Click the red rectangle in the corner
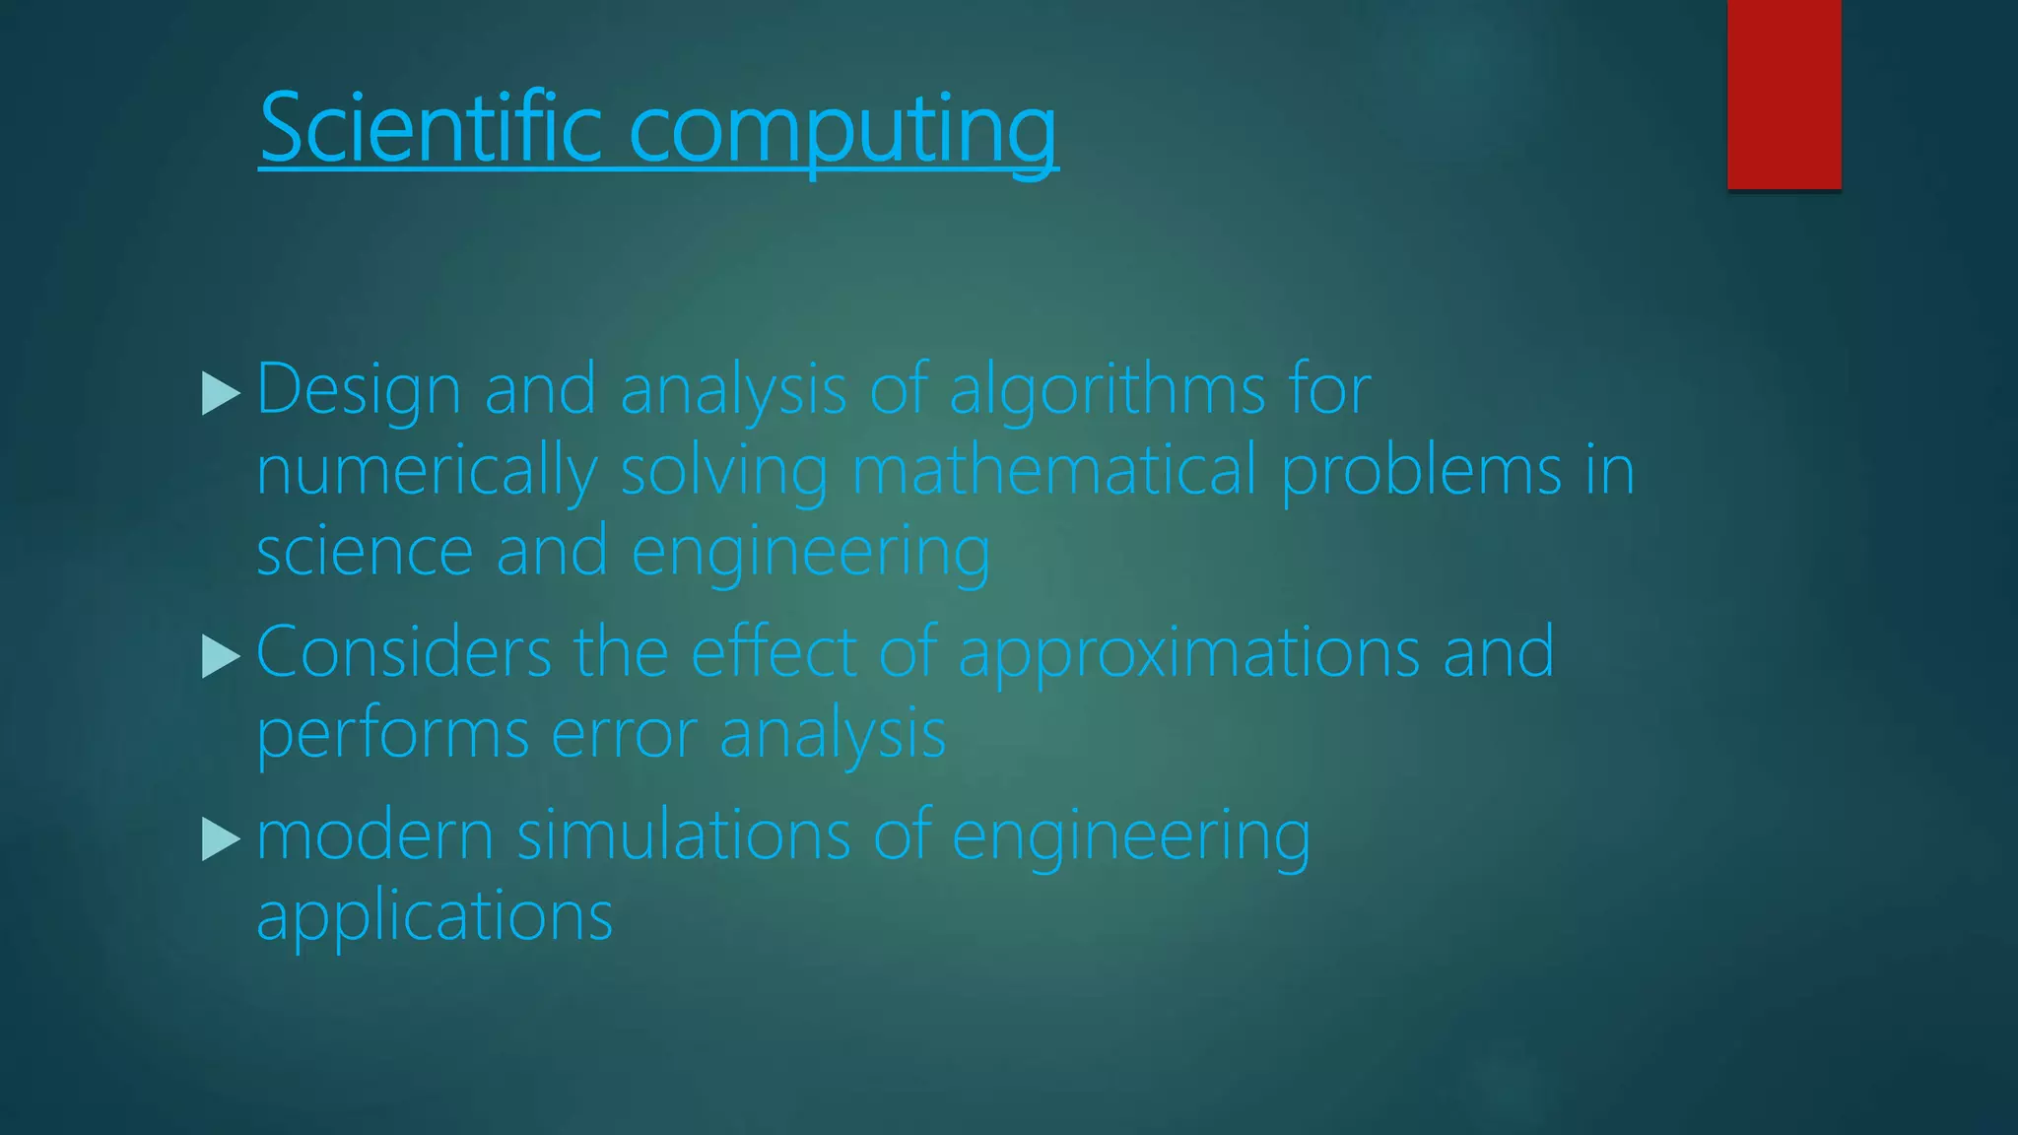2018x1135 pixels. point(1783,94)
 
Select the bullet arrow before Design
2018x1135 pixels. point(221,393)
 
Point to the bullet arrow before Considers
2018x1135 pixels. point(221,656)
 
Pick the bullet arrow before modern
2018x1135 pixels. point(221,839)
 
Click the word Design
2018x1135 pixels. point(359,390)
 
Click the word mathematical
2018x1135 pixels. point(1053,471)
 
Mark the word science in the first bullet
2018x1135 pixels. point(364,552)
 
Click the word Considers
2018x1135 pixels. point(404,652)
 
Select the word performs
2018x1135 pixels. point(393,735)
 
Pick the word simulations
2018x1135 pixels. point(683,835)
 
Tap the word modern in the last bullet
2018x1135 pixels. point(374,835)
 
